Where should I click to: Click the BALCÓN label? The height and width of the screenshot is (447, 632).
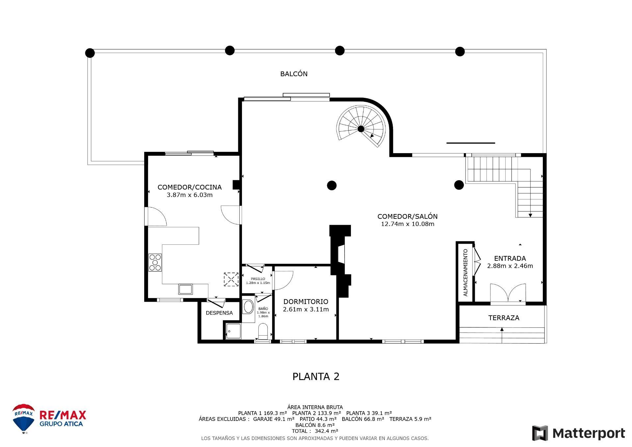coord(294,74)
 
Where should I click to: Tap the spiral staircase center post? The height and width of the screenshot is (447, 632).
coord(361,129)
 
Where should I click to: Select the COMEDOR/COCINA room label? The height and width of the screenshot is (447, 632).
coord(190,187)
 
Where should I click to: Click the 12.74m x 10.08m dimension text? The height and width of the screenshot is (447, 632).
coord(408,224)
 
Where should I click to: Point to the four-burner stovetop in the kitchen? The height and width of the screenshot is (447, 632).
coord(155,262)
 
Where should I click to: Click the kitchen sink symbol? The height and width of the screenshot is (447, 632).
coord(185,289)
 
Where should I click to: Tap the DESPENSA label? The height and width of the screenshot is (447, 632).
coord(219,313)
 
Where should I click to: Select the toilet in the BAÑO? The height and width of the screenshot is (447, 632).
coord(263,331)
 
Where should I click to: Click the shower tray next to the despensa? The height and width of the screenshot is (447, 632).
coord(233,331)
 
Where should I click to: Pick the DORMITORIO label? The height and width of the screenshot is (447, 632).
coord(306,301)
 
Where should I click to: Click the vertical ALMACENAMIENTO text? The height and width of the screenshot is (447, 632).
coord(465,273)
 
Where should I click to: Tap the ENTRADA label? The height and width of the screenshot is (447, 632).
coord(510,258)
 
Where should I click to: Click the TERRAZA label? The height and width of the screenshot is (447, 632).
coord(504,318)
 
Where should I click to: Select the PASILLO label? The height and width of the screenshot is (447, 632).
coord(258,279)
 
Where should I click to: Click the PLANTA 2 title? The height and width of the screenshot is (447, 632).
coord(316,377)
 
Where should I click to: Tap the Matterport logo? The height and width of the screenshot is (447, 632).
coord(578,433)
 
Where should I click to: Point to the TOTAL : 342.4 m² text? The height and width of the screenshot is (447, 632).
coord(315,431)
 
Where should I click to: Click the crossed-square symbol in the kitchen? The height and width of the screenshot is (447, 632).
coord(231,279)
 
